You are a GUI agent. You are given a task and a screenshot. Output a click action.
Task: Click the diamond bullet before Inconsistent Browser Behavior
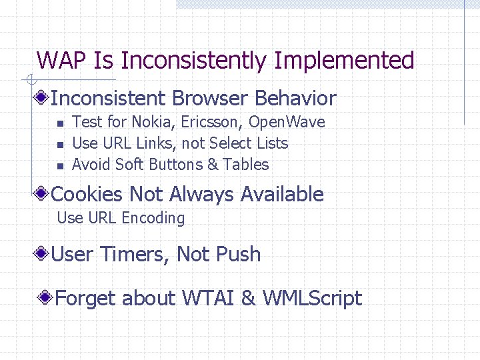[43, 99]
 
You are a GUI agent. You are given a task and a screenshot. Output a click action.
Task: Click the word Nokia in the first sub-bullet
[151, 122]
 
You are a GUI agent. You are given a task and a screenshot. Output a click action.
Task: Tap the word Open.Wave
[289, 122]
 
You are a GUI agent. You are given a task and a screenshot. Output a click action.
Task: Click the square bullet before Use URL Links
[59, 144]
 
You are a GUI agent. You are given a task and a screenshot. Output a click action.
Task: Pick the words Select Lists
[248, 143]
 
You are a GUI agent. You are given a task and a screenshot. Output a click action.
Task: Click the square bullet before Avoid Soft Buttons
[59, 165]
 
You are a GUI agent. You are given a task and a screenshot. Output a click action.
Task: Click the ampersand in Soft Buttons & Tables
[212, 165]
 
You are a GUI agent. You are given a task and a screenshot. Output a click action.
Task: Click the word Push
[240, 255]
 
